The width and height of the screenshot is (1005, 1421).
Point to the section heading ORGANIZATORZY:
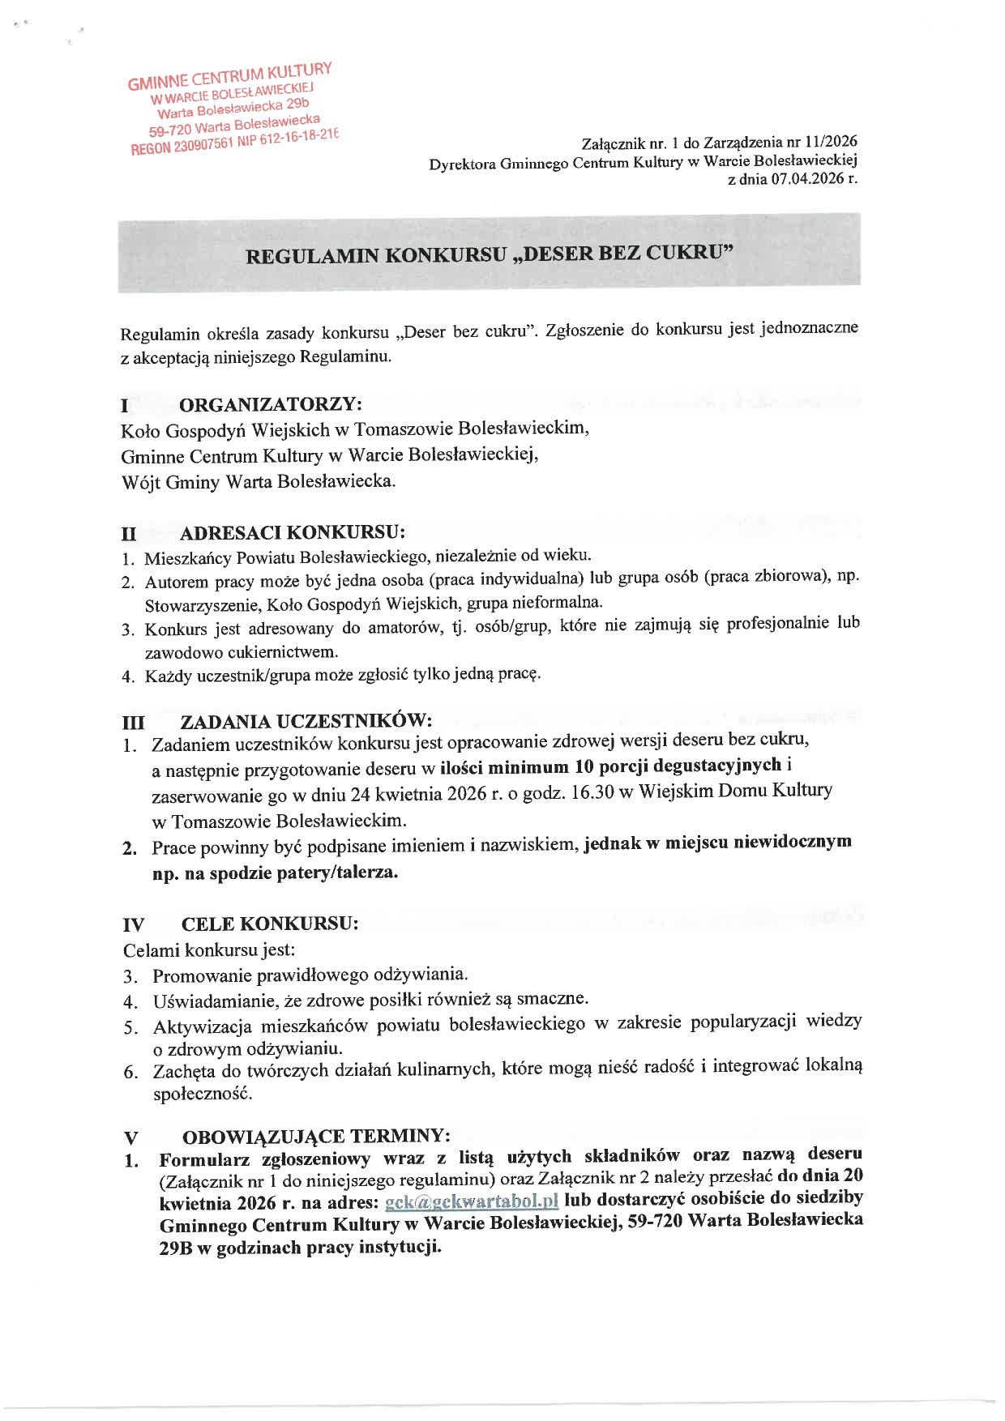click(x=271, y=404)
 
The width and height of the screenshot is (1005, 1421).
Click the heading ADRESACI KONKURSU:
click(x=293, y=532)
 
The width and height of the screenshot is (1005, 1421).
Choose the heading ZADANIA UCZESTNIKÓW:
click(x=306, y=721)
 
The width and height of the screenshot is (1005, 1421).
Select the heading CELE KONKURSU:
click(x=270, y=924)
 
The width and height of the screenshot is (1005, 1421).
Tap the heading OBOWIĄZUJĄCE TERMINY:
click(x=316, y=1136)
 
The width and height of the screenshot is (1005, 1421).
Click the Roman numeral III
click(x=134, y=723)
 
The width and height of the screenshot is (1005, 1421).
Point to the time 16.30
click(x=592, y=792)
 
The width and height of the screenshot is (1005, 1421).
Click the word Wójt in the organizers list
click(x=141, y=483)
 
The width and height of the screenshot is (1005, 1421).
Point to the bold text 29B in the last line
click(x=176, y=1248)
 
